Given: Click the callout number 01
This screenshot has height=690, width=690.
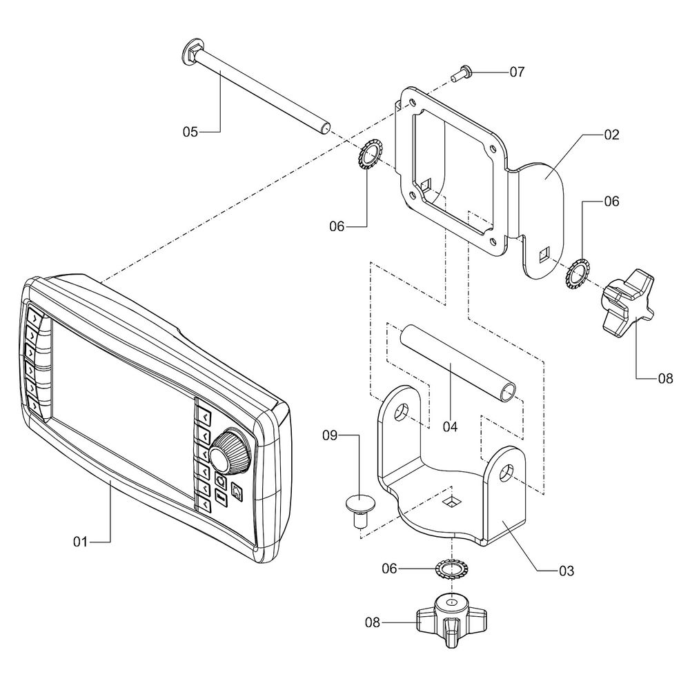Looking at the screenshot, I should pos(81,542).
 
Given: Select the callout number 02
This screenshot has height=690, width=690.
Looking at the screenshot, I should pos(611,135).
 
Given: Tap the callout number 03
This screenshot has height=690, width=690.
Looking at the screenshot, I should pos(566,571).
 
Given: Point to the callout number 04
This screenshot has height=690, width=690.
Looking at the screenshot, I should pos(450,426).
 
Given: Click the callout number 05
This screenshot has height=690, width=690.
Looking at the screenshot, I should pos(190,130).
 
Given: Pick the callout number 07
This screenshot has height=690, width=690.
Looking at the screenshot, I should pos(517,72).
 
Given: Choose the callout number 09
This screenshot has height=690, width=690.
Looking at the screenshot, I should pos(331,435).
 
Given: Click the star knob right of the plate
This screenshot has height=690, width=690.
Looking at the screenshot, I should pos(624,301).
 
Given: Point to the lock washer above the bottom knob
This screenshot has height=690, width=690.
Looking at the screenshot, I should pos(450,570).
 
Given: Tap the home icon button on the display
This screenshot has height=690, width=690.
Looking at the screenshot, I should pos(237,493).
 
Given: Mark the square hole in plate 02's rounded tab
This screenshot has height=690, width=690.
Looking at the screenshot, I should pos(544,254).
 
